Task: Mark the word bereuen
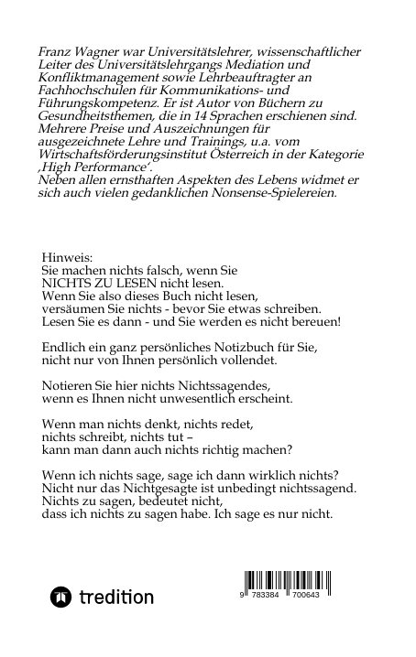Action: click(314, 323)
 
